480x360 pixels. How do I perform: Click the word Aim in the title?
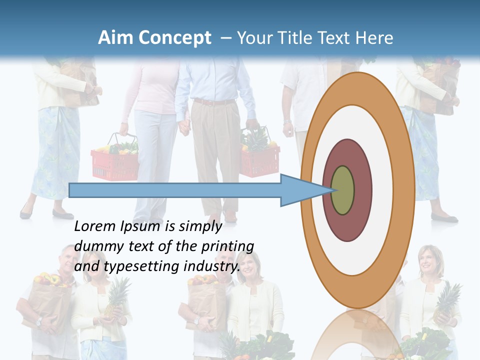tap(115, 38)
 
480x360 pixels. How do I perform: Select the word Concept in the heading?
tap(175, 38)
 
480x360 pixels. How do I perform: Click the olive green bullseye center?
tap(343, 190)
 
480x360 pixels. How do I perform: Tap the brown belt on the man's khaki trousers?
tap(214, 101)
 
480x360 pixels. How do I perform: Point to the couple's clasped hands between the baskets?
tap(184, 127)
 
